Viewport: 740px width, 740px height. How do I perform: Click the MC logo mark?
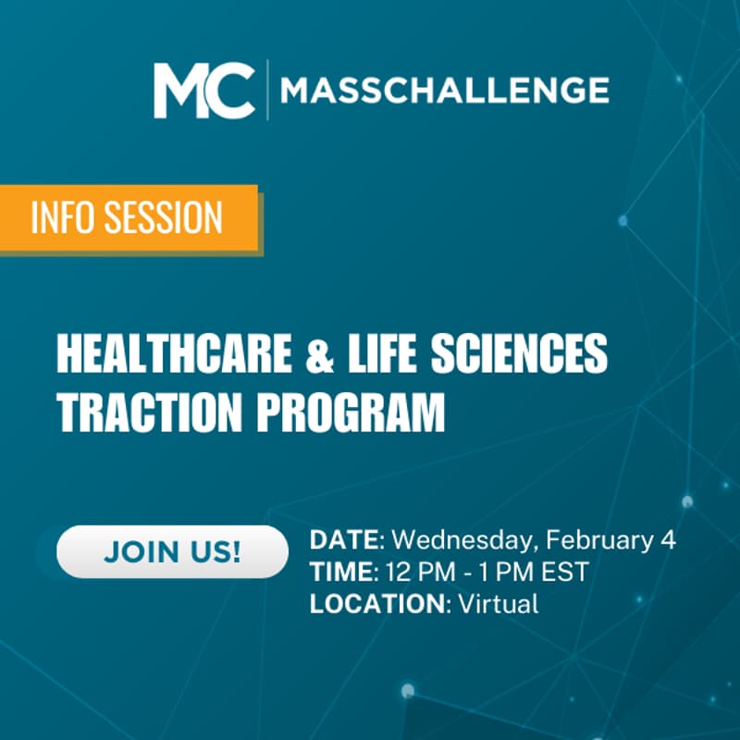203,90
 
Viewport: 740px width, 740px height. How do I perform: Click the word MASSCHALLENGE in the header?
444,91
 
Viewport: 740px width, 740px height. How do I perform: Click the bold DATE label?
345,540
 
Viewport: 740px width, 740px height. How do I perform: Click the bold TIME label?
339,573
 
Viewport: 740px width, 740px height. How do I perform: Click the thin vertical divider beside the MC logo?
268,90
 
